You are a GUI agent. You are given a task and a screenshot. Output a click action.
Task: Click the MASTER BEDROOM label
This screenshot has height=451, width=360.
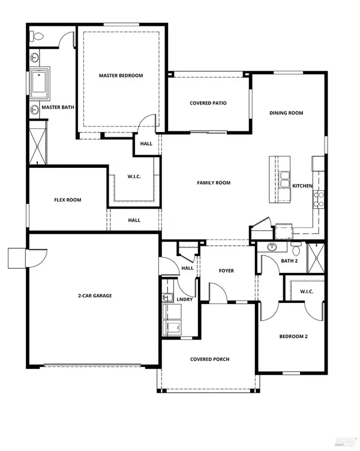pos(121,76)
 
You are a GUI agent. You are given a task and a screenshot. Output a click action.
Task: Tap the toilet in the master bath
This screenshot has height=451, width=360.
pos(37,37)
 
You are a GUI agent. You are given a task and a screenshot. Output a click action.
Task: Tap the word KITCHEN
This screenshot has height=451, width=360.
pos(302,186)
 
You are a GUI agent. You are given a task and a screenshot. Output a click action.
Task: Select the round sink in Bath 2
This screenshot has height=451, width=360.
pos(272,247)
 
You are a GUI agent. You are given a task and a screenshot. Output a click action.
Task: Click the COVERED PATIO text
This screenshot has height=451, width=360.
pos(208,103)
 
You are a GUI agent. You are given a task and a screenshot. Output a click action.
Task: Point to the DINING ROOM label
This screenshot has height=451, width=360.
pos(286,113)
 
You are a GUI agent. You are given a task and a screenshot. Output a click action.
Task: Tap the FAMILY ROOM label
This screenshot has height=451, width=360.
pos(214,183)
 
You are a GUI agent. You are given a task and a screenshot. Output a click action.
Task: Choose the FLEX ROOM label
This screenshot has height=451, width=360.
pos(67,200)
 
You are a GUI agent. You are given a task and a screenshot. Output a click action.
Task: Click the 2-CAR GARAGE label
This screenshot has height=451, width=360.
pos(95,296)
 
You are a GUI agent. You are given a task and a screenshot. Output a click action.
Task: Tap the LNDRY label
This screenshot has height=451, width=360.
pos(185,299)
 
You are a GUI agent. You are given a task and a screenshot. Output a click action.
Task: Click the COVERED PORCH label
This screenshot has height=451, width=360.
pos(209,359)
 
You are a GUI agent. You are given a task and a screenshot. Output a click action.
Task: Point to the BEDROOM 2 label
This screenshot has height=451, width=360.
pos(293,336)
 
